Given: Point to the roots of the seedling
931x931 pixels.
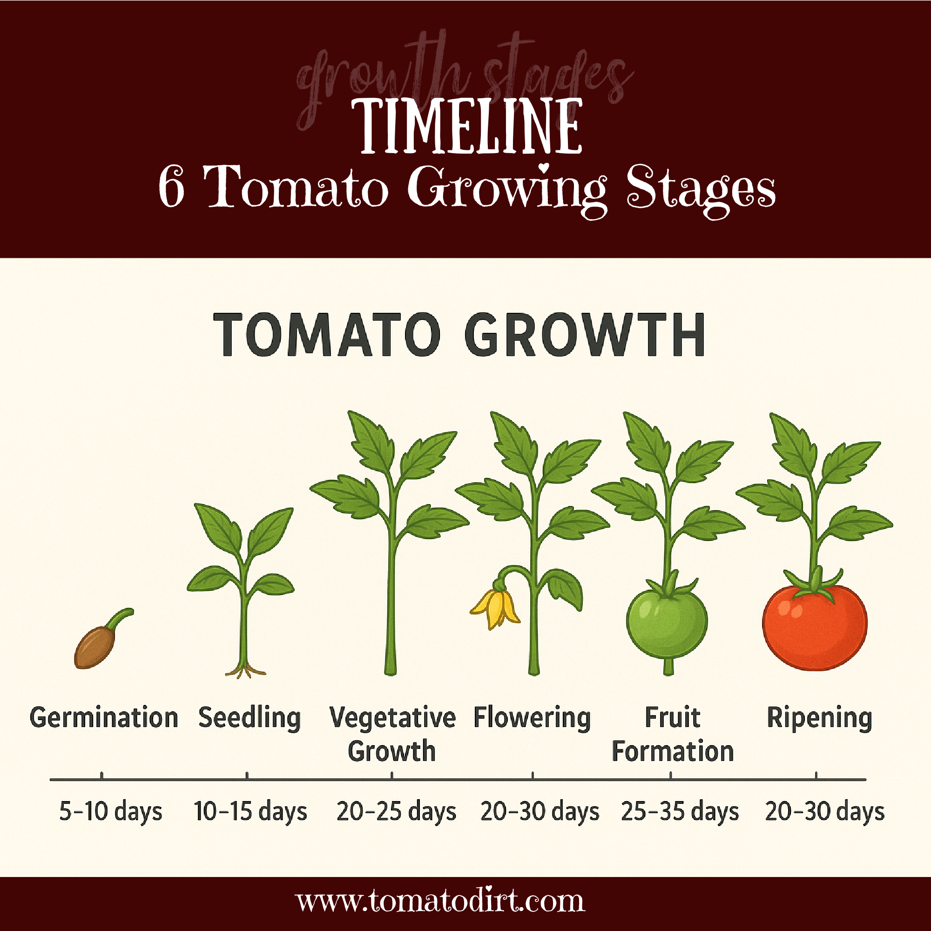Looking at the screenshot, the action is [245, 671].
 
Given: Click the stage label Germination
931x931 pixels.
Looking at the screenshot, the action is [104, 718].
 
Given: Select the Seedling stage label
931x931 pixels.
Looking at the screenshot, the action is [250, 718].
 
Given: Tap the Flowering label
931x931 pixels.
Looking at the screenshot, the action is [532, 718].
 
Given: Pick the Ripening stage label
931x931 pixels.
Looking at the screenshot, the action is [819, 718].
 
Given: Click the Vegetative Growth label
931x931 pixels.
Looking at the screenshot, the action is [392, 735].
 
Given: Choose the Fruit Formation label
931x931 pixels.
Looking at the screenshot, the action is [673, 735].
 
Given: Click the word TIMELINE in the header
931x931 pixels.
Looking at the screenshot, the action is [466, 126].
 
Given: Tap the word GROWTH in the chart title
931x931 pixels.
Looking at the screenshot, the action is [585, 335].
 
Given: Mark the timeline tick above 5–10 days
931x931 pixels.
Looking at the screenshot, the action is [101, 776].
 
